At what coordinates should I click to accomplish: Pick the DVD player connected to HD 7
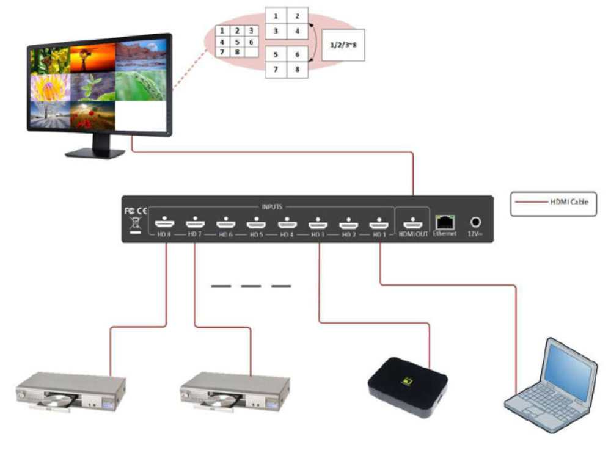(x=235, y=391)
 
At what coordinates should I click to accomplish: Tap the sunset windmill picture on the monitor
(x=92, y=59)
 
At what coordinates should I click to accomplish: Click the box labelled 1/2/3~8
(x=343, y=45)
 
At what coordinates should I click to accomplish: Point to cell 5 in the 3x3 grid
(x=236, y=42)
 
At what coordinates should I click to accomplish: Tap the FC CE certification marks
(x=134, y=211)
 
